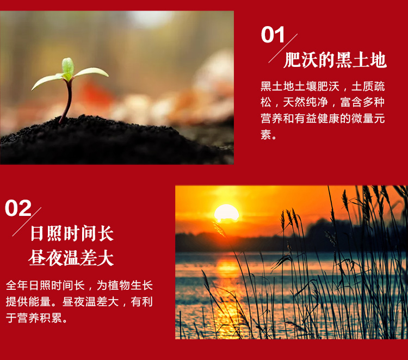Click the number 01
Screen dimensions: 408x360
(273, 35)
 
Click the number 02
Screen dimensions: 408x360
(18, 208)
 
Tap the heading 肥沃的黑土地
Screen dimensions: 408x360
(335, 60)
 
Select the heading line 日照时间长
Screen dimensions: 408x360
(72, 233)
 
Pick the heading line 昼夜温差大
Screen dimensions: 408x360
(71, 258)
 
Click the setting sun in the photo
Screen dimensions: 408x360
(226, 213)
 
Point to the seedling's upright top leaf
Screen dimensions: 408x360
(68, 66)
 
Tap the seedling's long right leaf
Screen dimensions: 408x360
(91, 72)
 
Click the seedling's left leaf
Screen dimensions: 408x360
(48, 81)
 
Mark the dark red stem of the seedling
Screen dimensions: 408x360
(67, 102)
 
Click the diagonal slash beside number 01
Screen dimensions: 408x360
(283, 48)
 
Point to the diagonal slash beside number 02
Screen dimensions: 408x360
(27, 222)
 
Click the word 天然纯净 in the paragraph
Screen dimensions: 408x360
(305, 102)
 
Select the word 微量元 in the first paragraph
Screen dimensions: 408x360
(368, 119)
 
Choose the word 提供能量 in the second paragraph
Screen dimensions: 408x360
(28, 301)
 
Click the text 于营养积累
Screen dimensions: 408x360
(34, 318)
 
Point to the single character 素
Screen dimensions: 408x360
(266, 134)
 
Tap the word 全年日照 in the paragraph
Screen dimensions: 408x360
(28, 285)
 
